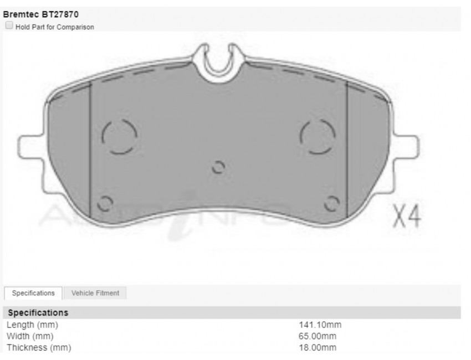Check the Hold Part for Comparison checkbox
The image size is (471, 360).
(x=9, y=26)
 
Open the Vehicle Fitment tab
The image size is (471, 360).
(x=95, y=293)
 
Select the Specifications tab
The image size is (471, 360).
(x=33, y=293)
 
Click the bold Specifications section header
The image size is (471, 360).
(x=38, y=313)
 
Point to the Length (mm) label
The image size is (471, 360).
(x=32, y=325)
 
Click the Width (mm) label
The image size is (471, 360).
(x=30, y=336)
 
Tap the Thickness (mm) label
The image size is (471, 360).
(x=39, y=348)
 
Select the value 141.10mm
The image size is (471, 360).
(x=320, y=325)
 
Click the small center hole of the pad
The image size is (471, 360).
(x=218, y=167)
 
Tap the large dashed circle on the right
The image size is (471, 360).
(x=318, y=136)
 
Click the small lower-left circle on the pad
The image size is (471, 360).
(x=105, y=203)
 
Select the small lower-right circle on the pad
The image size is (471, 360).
(x=331, y=204)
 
